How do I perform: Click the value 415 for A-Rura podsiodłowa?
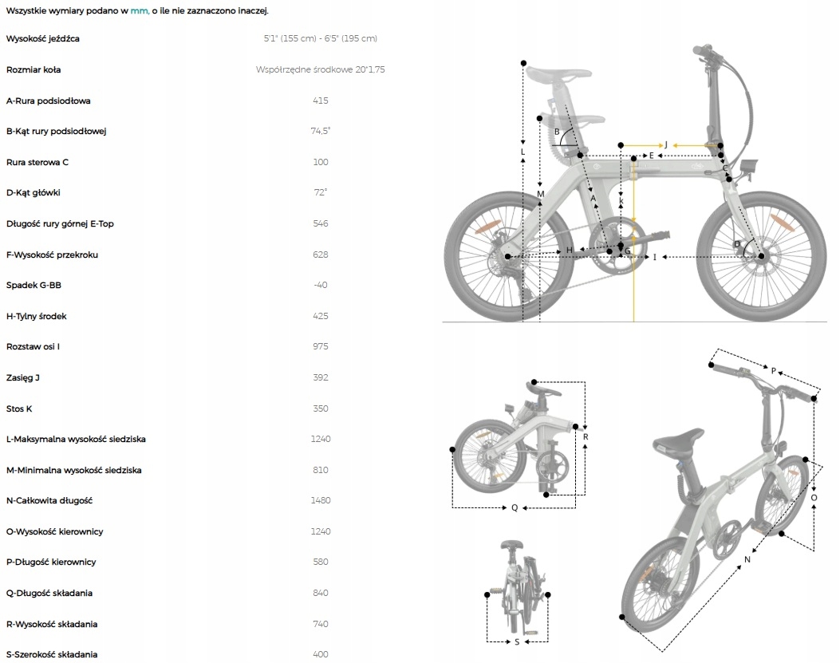click(x=321, y=101)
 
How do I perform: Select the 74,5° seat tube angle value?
click(x=321, y=131)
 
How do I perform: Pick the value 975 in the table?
click(x=321, y=346)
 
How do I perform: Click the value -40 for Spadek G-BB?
click(x=321, y=285)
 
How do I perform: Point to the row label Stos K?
click(x=19, y=408)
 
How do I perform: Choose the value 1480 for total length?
click(x=321, y=500)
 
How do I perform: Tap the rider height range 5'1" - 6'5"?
click(x=321, y=38)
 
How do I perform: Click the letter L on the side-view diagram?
click(x=523, y=152)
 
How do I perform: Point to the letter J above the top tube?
click(x=665, y=145)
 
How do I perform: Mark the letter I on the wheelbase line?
click(x=654, y=257)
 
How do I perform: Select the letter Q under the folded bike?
click(x=515, y=507)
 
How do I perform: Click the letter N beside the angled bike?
click(x=747, y=559)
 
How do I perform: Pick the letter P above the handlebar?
click(x=773, y=370)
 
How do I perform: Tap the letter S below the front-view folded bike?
click(x=517, y=641)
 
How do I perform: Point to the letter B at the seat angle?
click(x=558, y=132)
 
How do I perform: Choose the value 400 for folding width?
click(x=321, y=654)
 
